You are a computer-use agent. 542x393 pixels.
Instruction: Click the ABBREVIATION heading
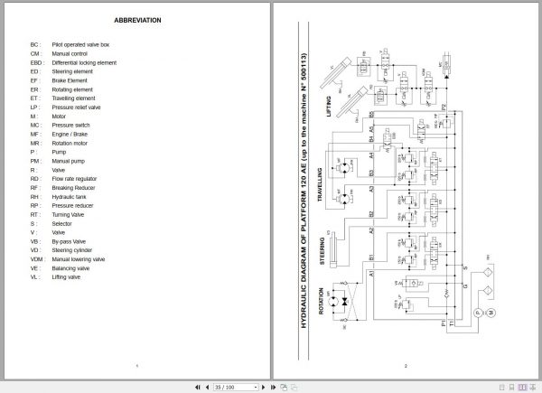(135, 19)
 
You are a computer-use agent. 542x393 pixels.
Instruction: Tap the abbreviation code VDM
(36, 258)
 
